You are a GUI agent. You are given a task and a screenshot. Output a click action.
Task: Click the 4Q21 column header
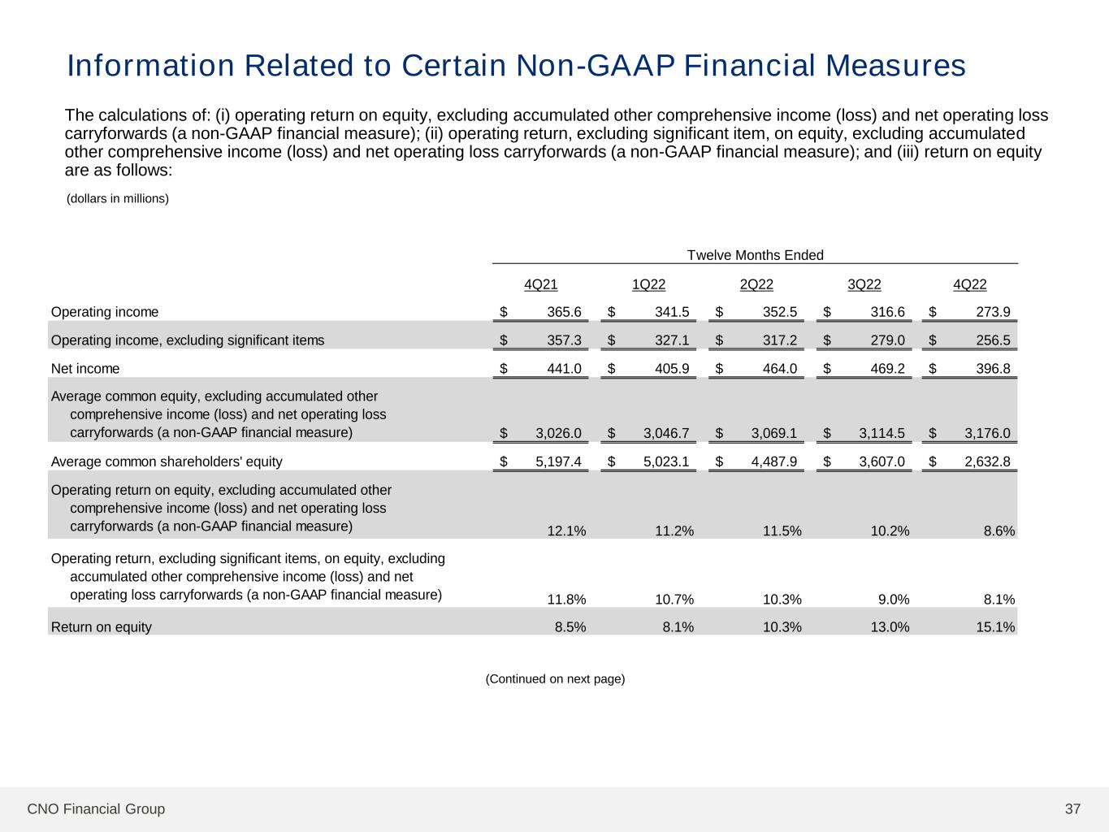click(540, 284)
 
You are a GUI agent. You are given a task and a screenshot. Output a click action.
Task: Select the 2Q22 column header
click(756, 284)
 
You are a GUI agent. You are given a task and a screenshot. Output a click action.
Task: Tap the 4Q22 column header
click(969, 284)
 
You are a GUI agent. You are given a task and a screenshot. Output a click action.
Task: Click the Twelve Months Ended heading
click(755, 255)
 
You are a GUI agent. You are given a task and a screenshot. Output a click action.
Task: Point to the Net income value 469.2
click(887, 369)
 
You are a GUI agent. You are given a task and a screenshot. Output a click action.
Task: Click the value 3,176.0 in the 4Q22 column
click(987, 433)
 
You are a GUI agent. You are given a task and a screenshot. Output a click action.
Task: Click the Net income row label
click(85, 369)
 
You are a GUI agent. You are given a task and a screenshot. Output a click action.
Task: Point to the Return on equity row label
click(102, 627)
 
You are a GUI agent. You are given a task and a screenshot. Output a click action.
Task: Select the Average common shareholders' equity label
click(167, 461)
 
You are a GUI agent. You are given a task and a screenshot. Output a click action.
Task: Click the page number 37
click(1072, 808)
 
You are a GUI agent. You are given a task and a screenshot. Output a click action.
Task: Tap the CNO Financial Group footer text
click(96, 808)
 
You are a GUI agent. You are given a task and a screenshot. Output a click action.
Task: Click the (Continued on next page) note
click(555, 678)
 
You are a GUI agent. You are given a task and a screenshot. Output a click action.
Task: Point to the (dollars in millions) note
click(117, 198)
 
